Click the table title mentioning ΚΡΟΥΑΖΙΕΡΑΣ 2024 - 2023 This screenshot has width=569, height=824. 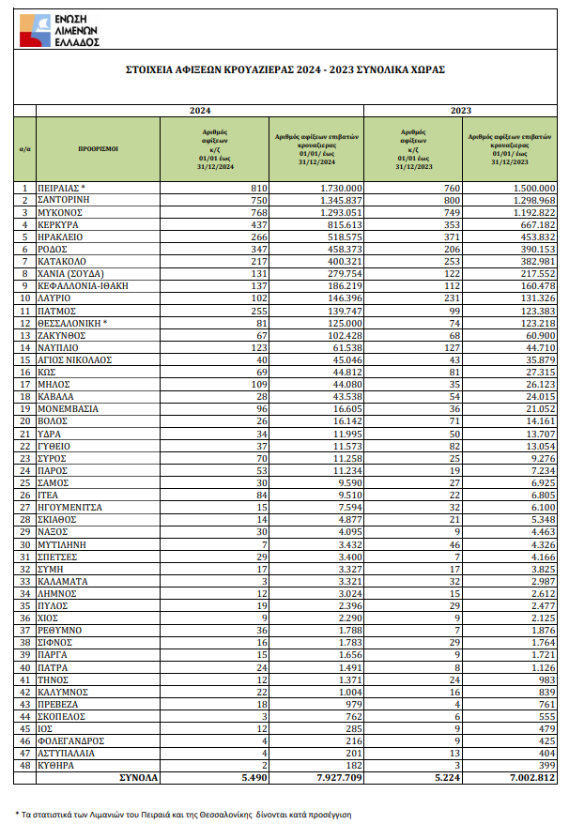coord(285,69)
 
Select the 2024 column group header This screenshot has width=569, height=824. coord(200,111)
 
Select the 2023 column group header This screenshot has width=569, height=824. coord(460,111)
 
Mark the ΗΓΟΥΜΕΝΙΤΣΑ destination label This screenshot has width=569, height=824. coord(70,506)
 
